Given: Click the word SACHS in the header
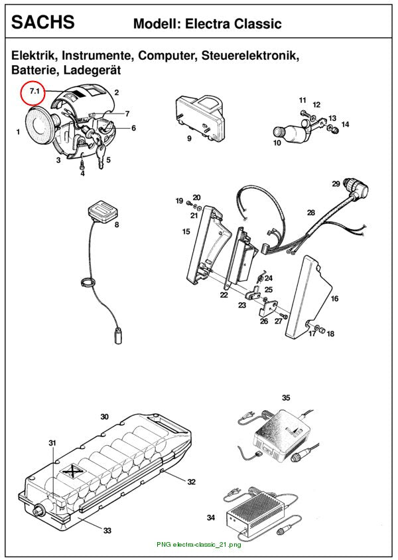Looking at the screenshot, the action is (x=43, y=22).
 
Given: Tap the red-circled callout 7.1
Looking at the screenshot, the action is (x=34, y=92).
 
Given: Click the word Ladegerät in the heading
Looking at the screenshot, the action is (x=92, y=70).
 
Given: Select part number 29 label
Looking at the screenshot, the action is (x=336, y=183).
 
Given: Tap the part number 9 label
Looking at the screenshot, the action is (x=189, y=138).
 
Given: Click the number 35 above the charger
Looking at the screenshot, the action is (x=286, y=397).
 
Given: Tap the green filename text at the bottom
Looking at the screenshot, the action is (x=198, y=545).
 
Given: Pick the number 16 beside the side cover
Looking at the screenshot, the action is (x=334, y=298).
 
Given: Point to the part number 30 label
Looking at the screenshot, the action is (x=104, y=417).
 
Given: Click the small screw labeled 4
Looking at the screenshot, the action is (x=82, y=165).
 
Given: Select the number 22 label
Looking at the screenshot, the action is (x=224, y=295).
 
